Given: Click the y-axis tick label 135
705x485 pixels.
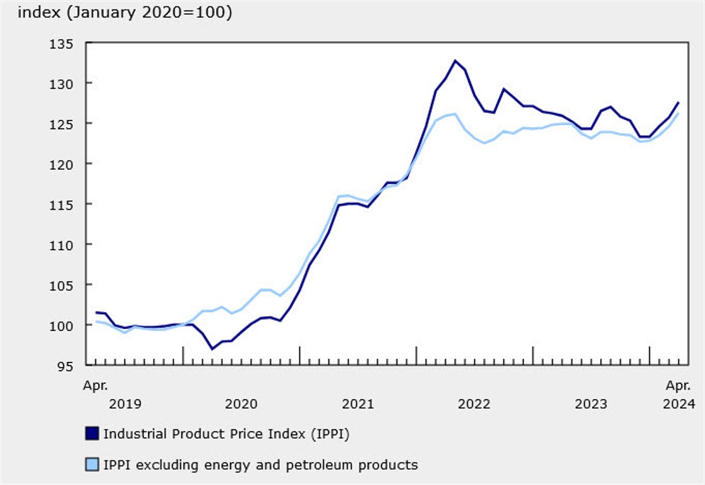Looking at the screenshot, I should tap(64, 43).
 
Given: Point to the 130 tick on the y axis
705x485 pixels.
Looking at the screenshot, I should tap(64, 84).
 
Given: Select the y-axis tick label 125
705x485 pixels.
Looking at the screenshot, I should tap(64, 124).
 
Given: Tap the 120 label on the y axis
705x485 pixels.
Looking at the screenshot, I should tap(64, 164).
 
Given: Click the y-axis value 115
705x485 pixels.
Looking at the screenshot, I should tap(64, 205).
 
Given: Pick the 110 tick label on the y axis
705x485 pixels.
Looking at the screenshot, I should tap(64, 245).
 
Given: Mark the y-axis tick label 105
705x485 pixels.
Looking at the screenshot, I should tap(64, 286).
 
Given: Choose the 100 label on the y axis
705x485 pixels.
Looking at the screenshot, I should tap(64, 325).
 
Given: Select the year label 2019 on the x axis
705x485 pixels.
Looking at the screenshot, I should tap(124, 403).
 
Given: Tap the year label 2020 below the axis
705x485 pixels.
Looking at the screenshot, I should tap(241, 403).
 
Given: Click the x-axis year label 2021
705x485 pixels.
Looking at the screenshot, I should tap(357, 403).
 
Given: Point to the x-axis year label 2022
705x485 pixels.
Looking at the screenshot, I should tap(474, 403).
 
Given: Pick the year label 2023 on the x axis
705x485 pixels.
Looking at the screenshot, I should tap(591, 403).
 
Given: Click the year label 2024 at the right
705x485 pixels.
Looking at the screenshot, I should tap(678, 403).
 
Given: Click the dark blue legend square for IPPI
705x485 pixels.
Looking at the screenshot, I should tap(92, 434).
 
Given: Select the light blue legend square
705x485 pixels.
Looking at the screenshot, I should tap(92, 464).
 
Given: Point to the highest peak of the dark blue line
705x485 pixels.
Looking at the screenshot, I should tap(455, 61).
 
